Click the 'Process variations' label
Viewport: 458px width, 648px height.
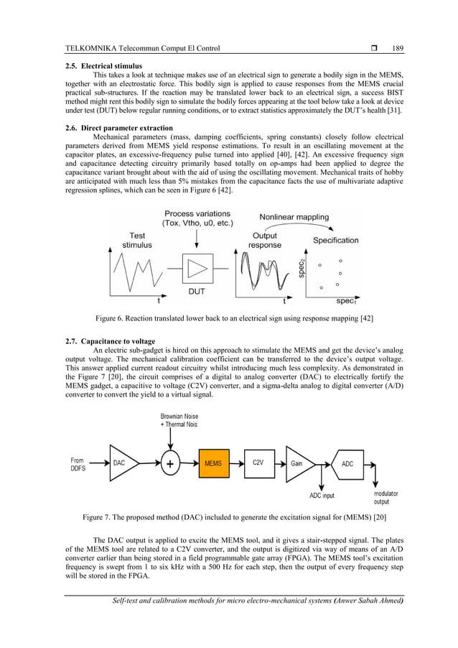[x=197, y=214]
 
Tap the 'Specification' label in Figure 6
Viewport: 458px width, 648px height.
[x=335, y=240]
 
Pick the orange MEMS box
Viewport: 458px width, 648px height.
[x=212, y=463]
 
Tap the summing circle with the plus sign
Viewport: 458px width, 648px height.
[x=169, y=463]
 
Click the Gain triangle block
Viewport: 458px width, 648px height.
[x=299, y=463]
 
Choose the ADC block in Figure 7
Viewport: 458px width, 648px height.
[x=347, y=463]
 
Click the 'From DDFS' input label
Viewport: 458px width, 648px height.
[x=78, y=464]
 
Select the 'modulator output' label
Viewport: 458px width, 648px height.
[x=386, y=497]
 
